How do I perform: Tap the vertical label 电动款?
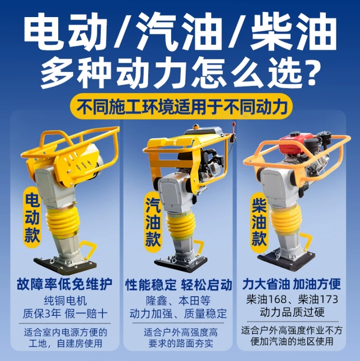point(32,217)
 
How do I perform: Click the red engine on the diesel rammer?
point(291,144)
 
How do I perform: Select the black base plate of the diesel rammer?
point(286,259)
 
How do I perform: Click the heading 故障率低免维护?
point(65,284)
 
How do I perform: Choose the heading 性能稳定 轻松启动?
point(179,285)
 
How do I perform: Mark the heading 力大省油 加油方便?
point(292,284)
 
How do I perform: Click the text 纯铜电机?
point(65,301)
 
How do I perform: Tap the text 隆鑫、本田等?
point(178,300)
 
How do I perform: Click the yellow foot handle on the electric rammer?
point(88,249)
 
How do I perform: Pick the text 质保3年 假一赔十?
point(65,313)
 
